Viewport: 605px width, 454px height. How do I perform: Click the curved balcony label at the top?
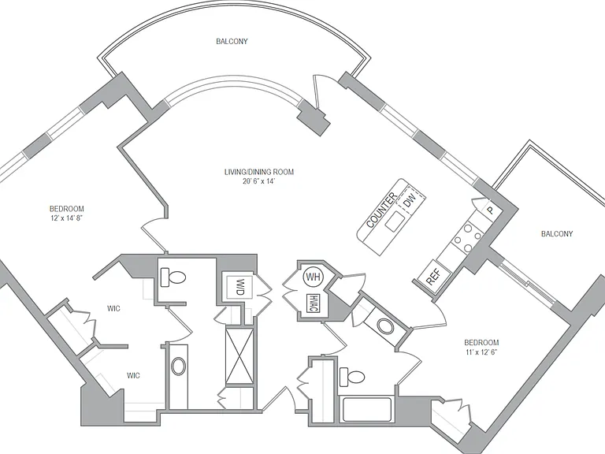pos(232,41)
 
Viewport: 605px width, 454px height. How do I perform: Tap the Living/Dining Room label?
pos(259,172)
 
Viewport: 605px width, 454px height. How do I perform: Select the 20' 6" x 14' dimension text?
pos(258,181)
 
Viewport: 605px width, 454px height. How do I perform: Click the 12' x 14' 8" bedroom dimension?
pos(67,218)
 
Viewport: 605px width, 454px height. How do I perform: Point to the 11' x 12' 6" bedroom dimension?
pos(481,352)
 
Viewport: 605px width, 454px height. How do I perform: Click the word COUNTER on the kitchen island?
pos(381,210)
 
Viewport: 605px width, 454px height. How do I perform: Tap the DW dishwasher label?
pos(409,201)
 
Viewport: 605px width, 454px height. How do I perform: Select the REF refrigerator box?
pos(434,274)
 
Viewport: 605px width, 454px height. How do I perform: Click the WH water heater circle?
pos(314,277)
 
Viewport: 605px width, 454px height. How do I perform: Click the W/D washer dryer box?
pos(239,287)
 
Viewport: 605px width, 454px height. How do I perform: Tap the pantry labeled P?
pos(490,210)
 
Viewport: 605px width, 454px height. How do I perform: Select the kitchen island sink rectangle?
pos(395,221)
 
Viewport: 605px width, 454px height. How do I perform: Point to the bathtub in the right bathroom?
pos(367,409)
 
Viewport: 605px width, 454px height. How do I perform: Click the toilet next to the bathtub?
pos(351,377)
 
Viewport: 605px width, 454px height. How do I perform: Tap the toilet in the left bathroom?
pos(173,277)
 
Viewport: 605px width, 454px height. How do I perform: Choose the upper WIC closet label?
pos(113,308)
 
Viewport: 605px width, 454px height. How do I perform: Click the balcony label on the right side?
pos(557,233)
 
